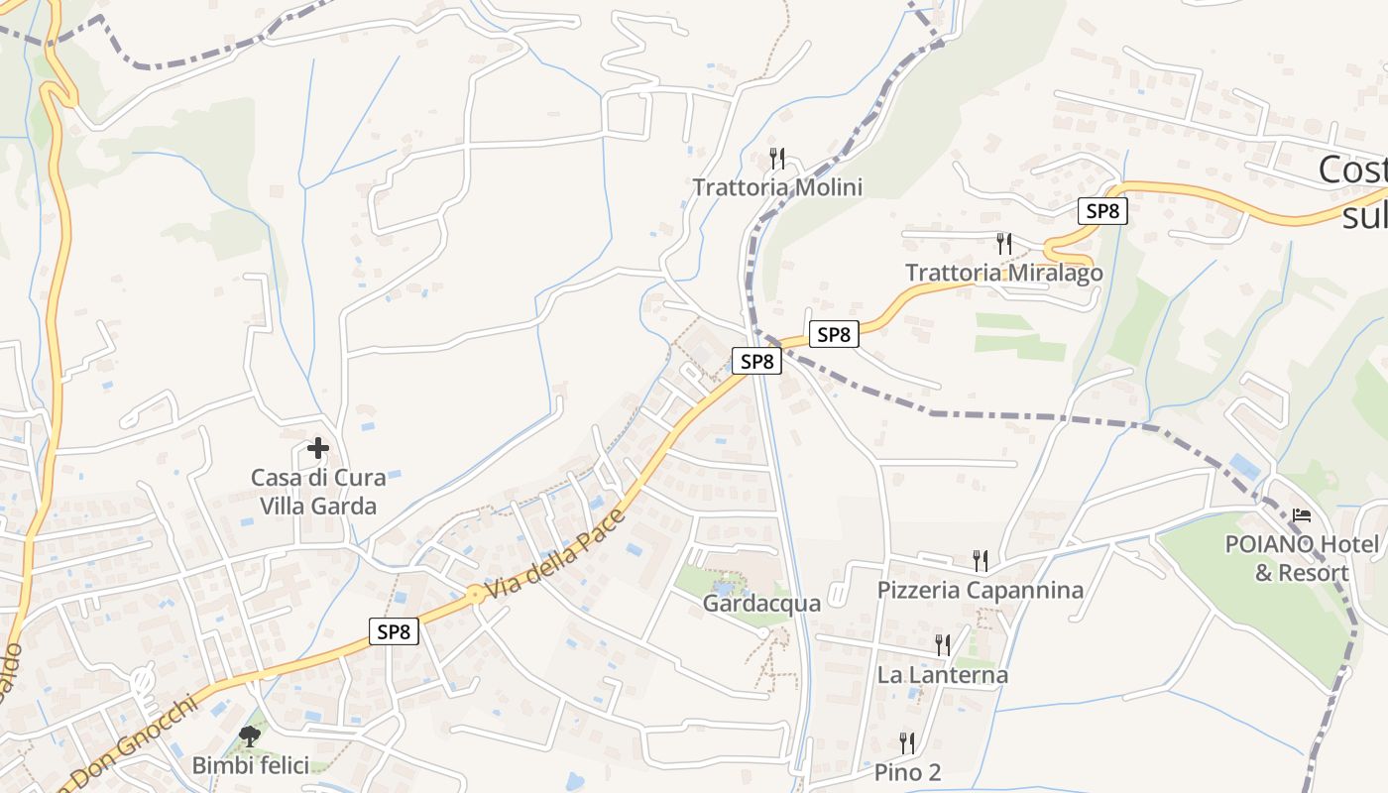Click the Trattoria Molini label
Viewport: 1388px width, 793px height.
tap(777, 187)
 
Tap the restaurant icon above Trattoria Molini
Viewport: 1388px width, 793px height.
tap(777, 158)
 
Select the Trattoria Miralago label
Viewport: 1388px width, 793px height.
tap(1003, 273)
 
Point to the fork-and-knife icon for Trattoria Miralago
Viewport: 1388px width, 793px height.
tap(1003, 243)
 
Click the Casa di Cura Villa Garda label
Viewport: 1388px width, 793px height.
tap(313, 492)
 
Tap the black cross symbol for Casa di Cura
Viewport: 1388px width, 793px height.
tap(317, 448)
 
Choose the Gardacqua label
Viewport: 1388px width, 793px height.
tap(761, 603)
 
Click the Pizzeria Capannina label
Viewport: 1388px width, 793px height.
tap(980, 591)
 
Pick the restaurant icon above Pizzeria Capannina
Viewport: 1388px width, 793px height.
tap(980, 561)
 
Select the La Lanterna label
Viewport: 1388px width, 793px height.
tap(942, 675)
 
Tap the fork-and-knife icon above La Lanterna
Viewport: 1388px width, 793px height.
tap(942, 645)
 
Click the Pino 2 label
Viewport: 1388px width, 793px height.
tap(907, 772)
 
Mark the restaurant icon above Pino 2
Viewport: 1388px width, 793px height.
tap(906, 742)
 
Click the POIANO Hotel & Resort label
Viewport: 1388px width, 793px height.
tap(1301, 558)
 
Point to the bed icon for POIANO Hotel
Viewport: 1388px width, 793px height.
tap(1302, 515)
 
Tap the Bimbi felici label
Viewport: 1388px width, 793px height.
tap(250, 765)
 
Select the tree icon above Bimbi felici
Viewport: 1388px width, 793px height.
tap(250, 736)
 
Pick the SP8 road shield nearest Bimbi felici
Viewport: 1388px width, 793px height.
tap(394, 631)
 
